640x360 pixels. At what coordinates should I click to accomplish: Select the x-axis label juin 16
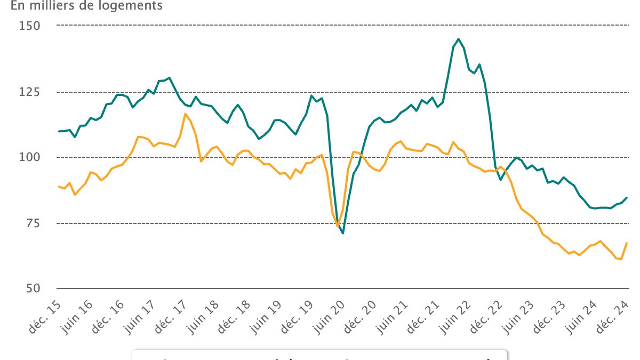(x=78, y=316)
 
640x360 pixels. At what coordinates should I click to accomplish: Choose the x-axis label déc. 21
(x=425, y=315)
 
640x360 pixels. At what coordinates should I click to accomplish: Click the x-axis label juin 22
(x=457, y=316)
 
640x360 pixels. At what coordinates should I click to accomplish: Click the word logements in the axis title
(x=137, y=6)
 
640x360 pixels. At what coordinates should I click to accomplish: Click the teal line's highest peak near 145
(x=458, y=39)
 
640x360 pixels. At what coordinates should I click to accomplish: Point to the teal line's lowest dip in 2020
(x=343, y=233)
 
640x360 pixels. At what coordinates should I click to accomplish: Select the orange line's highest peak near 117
(x=185, y=114)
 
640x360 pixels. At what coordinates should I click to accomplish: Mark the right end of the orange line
(x=626, y=243)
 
